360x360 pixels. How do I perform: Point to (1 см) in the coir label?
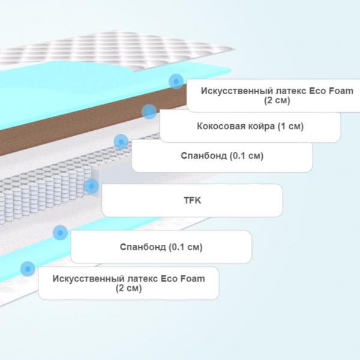coord(291,126)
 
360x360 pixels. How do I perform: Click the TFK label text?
coord(193,200)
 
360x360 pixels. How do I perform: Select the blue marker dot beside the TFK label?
coord(91,186)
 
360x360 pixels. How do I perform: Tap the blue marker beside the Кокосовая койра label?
coord(149,112)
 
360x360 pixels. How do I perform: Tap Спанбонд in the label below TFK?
coord(143,247)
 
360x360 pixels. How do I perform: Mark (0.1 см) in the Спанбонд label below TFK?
coord(185,247)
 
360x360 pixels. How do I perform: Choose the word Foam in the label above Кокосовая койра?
coord(341,91)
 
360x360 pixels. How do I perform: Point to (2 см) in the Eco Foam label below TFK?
coord(128,288)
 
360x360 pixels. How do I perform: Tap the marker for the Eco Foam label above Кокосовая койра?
coord(176,82)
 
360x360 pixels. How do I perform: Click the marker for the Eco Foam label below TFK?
coord(28,269)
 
